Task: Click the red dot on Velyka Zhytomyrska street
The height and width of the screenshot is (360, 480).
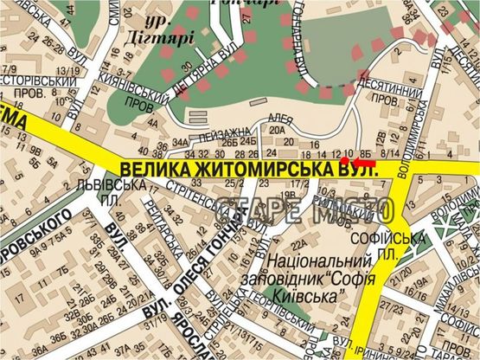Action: (343, 162)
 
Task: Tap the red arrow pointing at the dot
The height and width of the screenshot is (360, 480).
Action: (363, 162)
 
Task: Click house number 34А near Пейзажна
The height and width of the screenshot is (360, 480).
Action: (179, 143)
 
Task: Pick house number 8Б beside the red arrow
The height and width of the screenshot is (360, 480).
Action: (368, 148)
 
